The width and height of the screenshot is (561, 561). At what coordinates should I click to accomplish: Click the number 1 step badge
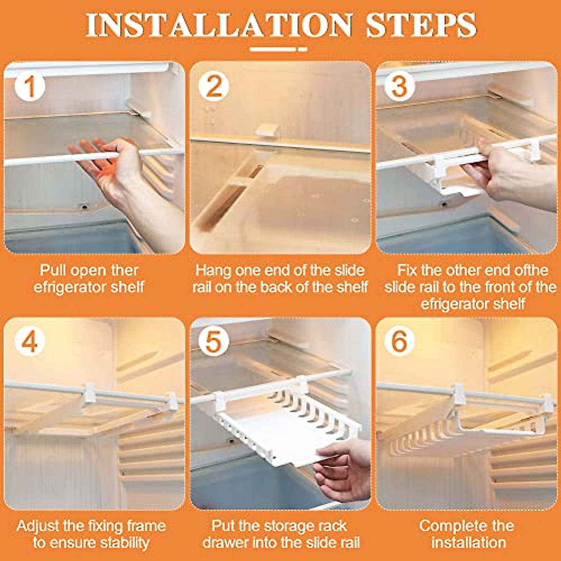[30, 86]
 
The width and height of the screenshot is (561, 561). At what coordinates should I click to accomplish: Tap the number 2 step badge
[214, 86]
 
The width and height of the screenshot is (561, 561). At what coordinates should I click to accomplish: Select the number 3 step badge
[399, 86]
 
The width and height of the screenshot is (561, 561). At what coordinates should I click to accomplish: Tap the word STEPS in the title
[421, 25]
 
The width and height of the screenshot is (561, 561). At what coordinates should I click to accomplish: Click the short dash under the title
[303, 50]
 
